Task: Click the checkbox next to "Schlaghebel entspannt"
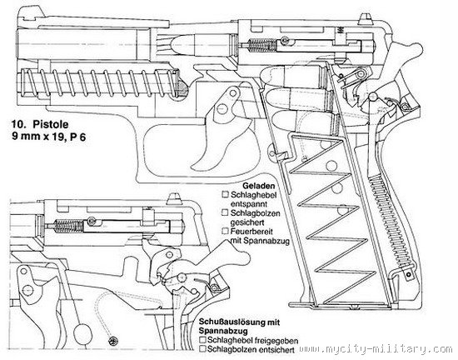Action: [225, 194]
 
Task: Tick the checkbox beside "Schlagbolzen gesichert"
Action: [225, 213]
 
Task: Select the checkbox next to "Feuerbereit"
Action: [225, 232]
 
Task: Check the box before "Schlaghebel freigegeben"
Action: [202, 340]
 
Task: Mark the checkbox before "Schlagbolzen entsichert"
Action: [202, 349]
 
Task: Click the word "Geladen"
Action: [259, 186]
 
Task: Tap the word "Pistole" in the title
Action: [51, 124]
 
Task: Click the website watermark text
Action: [376, 349]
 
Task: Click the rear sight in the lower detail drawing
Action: [174, 198]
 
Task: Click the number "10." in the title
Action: [18, 124]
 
